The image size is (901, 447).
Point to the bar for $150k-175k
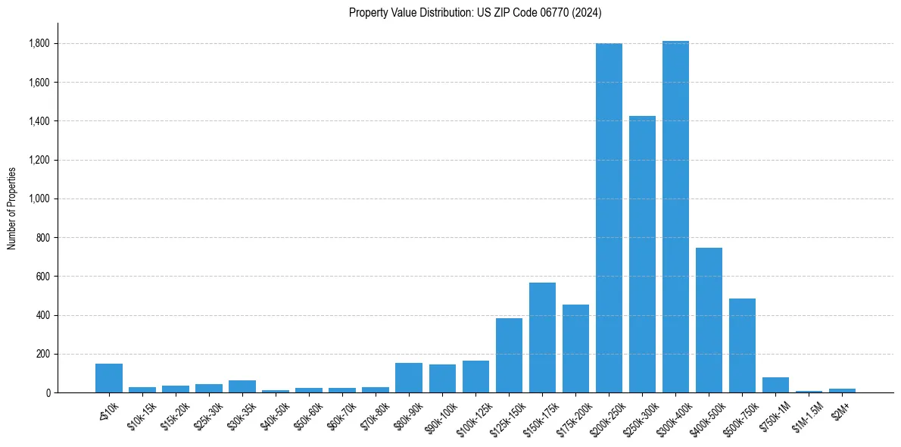click(x=542, y=338)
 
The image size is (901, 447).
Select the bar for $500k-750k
click(x=742, y=345)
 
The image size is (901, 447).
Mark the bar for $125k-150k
click(x=509, y=355)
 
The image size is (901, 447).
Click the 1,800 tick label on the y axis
click(x=39, y=44)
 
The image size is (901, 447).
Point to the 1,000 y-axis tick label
click(x=39, y=199)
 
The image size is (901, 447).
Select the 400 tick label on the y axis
click(x=43, y=315)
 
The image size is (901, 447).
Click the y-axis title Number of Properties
click(x=11, y=208)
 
